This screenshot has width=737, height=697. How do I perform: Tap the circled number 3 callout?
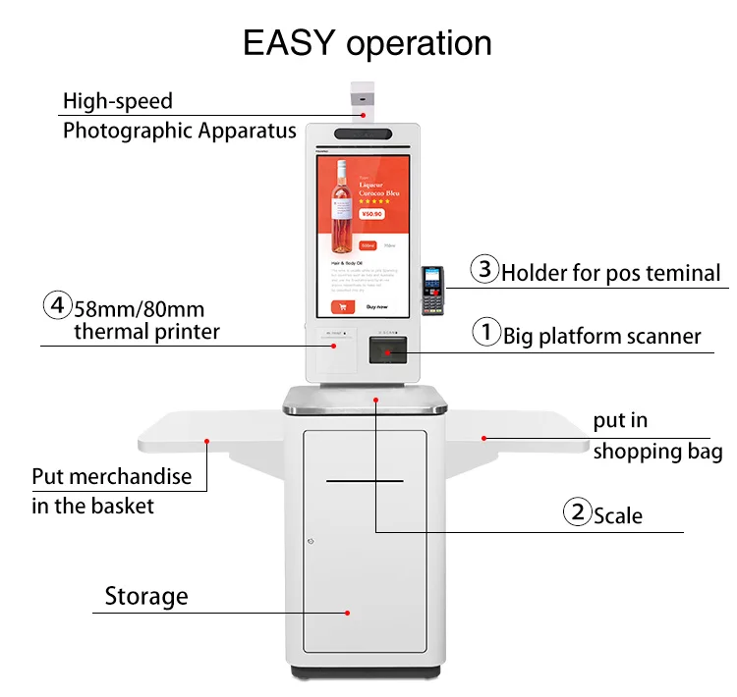coord(484,269)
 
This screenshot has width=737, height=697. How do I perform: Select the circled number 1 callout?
coord(486,334)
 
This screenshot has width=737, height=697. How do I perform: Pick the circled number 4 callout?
coord(57,305)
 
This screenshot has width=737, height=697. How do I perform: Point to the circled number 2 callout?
coord(576,512)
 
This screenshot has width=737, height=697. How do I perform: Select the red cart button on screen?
coord(342,306)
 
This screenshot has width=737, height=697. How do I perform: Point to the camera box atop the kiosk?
coord(363,99)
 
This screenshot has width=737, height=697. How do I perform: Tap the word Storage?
coord(146,596)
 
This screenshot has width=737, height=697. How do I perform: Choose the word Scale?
coord(618,515)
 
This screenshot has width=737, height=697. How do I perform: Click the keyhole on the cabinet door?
coord(310,542)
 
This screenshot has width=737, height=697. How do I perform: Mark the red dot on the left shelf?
coord(207,442)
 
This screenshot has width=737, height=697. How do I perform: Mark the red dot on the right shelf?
coord(482,438)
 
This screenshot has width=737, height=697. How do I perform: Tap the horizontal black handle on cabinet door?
coord(365,481)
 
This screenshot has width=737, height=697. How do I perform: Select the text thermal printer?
coord(146,332)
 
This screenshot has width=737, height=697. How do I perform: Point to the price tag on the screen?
coord(371,215)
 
